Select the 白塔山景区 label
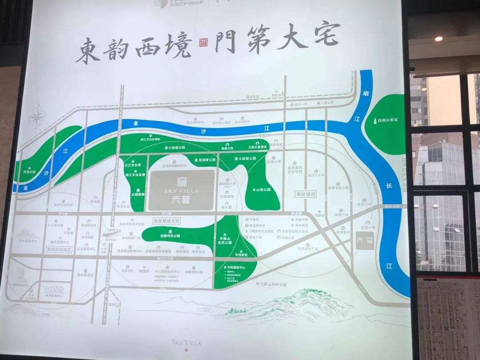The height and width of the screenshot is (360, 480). [388, 120]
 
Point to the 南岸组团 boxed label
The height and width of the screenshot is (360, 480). [305, 194]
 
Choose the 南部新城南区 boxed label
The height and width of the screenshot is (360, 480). [59, 249]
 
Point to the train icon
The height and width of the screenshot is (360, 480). [109, 233]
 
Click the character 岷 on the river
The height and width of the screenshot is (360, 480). [366, 92]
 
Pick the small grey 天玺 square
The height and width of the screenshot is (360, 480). [365, 240]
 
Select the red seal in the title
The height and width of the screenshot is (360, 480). [202, 44]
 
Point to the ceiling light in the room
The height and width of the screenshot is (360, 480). [439, 39]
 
